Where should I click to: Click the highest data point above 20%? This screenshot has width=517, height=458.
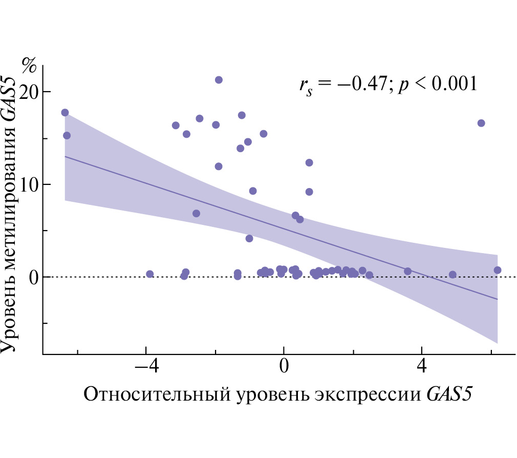(x=219, y=80)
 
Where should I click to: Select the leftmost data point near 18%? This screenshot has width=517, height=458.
(x=65, y=113)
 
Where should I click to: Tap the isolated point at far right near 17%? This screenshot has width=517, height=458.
(x=481, y=123)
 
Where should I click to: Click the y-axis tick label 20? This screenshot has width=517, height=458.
(x=29, y=92)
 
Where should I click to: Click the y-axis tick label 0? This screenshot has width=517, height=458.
(x=32, y=277)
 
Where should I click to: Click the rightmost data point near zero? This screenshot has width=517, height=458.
(x=497, y=270)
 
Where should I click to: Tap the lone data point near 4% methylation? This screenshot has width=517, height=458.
(x=249, y=238)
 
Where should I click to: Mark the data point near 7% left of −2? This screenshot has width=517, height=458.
(x=196, y=213)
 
